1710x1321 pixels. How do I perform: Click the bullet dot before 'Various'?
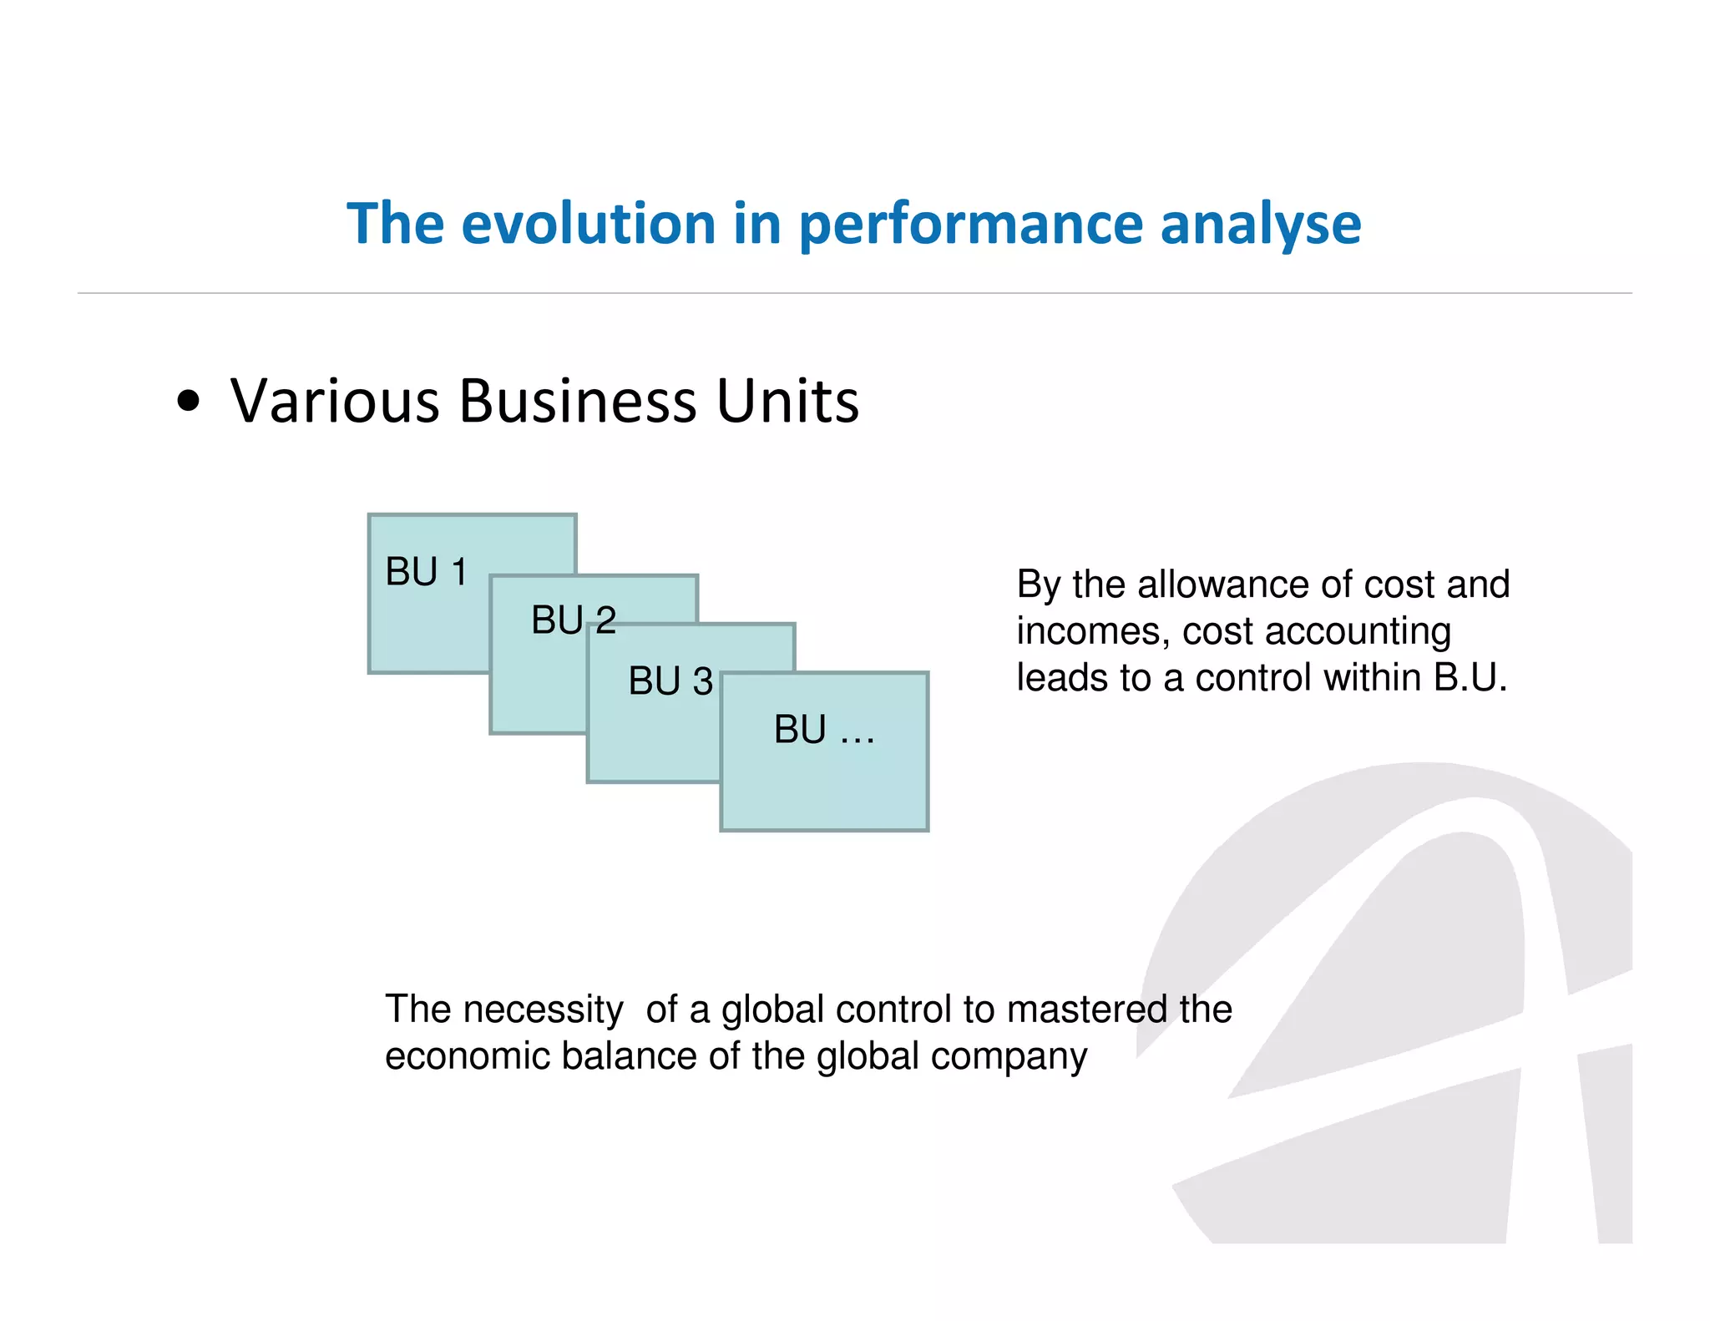[x=190, y=402]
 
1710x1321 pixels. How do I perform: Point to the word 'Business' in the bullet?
[x=577, y=401]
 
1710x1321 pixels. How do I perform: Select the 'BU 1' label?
[x=426, y=572]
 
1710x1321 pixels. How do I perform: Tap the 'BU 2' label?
[x=573, y=620]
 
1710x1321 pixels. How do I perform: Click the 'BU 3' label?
[x=670, y=681]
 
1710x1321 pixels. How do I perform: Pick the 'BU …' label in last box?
[x=823, y=730]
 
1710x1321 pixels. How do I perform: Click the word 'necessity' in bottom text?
[x=543, y=1010]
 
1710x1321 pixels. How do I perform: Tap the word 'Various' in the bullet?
[x=334, y=401]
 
